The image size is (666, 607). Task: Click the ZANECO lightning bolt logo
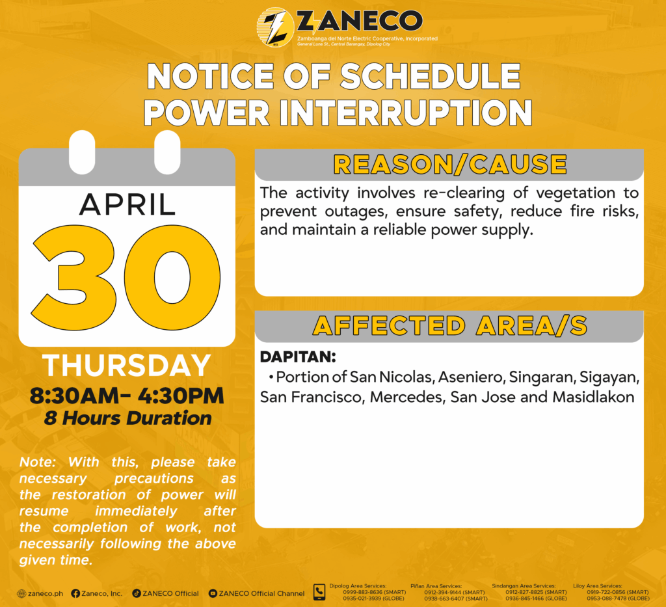click(276, 27)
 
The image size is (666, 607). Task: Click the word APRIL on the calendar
click(127, 205)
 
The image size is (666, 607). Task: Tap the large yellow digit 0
click(172, 277)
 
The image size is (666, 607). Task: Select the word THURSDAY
click(127, 365)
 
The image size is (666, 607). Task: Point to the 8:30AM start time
click(75, 396)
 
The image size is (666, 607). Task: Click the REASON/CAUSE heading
click(450, 165)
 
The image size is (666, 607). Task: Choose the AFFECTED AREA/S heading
click(450, 326)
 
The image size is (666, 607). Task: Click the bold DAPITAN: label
click(298, 357)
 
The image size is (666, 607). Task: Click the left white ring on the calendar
click(82, 152)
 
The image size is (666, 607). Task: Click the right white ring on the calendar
click(167, 152)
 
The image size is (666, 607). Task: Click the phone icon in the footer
click(319, 592)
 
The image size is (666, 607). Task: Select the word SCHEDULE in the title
click(431, 76)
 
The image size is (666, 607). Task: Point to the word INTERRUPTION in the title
click(405, 113)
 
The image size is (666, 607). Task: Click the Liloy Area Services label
click(598, 586)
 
